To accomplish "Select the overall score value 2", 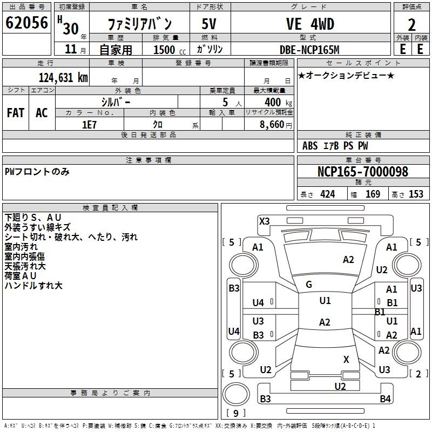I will (x=411, y=24).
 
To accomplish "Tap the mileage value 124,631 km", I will (x=63, y=77).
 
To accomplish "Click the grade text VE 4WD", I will (x=309, y=24).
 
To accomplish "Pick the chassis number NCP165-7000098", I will (x=362, y=172).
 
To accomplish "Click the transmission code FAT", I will (x=16, y=113).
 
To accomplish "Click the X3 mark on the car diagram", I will (x=265, y=221).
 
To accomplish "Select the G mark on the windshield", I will (x=309, y=285).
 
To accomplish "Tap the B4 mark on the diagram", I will (x=384, y=399).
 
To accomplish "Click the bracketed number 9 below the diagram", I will (x=235, y=413).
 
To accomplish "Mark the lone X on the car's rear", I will (x=346, y=359).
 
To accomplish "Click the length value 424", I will (x=327, y=194).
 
